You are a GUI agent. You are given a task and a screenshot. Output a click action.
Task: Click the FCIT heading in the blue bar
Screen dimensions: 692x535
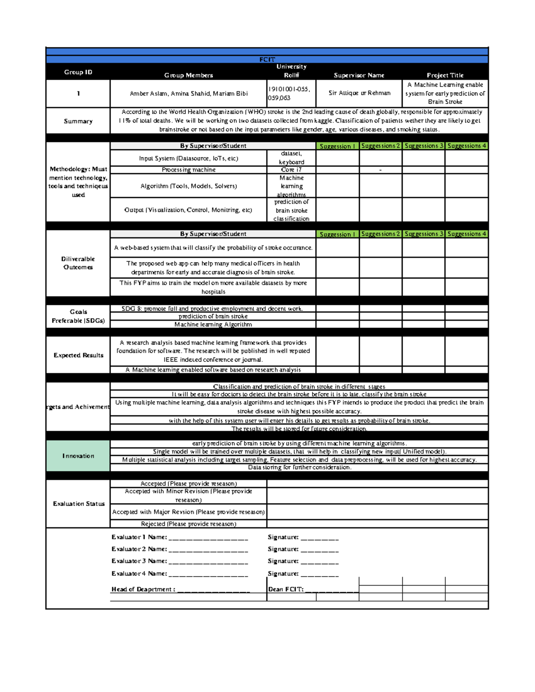pyautogui.click(x=267, y=59)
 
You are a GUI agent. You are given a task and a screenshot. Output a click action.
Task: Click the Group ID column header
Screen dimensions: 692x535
pyautogui.click(x=78, y=72)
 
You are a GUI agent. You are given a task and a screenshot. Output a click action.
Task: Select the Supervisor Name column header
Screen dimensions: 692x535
pyautogui.click(x=359, y=75)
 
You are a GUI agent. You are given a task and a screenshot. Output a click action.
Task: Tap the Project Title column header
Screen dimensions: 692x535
pyautogui.click(x=445, y=75)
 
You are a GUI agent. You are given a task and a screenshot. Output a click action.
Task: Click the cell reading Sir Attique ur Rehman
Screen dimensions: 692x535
pyautogui.click(x=359, y=93)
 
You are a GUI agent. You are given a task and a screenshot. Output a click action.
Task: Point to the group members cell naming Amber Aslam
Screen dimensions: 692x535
pyautogui.click(x=189, y=94)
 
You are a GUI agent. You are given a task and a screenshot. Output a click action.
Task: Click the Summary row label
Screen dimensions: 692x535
pyautogui.click(x=78, y=121)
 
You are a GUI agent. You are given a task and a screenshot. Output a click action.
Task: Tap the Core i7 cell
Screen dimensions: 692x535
pyautogui.click(x=291, y=170)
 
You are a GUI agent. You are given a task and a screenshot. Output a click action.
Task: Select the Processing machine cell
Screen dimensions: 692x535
pyautogui.click(x=189, y=170)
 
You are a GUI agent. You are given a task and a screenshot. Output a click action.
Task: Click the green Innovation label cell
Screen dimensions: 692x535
pyautogui.click(x=78, y=456)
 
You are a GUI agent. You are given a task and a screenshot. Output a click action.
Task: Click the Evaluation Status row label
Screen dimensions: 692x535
pyautogui.click(x=78, y=504)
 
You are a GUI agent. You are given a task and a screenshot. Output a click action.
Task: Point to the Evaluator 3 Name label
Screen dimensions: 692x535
pyautogui.click(x=139, y=561)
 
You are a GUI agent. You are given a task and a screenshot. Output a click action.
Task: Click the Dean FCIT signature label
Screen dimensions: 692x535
pyautogui.click(x=286, y=589)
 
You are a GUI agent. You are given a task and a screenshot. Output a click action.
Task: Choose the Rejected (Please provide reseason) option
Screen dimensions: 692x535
pyautogui.click(x=189, y=524)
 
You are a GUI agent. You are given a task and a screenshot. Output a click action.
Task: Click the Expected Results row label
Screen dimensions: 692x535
pyautogui.click(x=78, y=355)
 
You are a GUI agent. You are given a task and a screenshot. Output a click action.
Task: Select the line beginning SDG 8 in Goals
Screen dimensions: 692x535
pyautogui.click(x=213, y=308)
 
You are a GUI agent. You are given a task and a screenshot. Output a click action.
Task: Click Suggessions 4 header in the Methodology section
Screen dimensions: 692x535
pyautogui.click(x=466, y=146)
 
